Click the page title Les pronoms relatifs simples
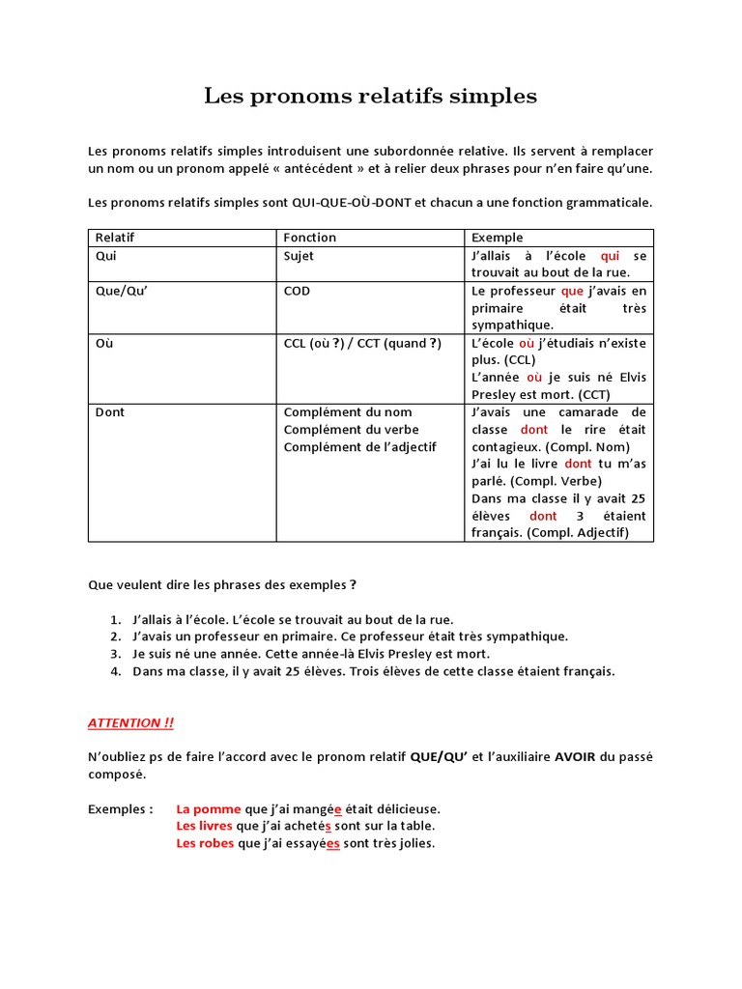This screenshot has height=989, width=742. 370,97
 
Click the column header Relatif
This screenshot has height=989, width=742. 114,238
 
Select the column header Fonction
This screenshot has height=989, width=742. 309,238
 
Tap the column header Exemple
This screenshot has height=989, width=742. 497,238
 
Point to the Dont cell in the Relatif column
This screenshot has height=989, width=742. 110,412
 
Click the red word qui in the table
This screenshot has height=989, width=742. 610,256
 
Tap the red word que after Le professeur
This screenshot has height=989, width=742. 572,291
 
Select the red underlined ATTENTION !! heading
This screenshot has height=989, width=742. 130,722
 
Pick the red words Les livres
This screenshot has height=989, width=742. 204,826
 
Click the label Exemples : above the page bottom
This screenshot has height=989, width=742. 120,808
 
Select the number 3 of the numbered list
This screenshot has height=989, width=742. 114,654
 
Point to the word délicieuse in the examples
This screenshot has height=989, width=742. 408,808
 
